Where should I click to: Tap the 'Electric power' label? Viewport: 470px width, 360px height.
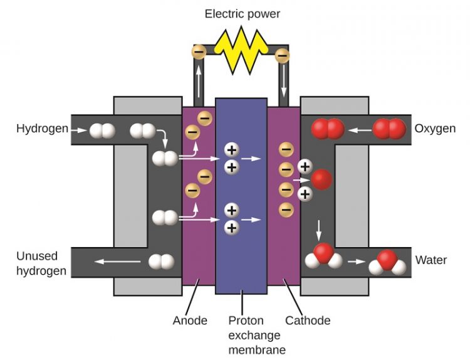(243, 13)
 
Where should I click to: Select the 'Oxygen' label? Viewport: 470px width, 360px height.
(435, 129)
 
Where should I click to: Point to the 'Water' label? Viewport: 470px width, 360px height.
(431, 260)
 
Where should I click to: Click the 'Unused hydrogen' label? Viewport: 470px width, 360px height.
(37, 263)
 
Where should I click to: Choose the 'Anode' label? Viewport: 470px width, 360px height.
(190, 320)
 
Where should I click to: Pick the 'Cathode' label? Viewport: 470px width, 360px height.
(307, 320)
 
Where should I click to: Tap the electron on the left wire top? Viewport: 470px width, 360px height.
(199, 51)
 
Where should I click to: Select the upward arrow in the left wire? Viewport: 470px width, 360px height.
(199, 80)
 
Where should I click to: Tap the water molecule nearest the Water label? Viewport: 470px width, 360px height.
(387, 262)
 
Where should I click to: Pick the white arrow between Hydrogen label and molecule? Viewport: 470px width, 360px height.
(78, 130)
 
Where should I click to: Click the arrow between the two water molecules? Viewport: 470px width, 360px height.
(355, 261)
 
